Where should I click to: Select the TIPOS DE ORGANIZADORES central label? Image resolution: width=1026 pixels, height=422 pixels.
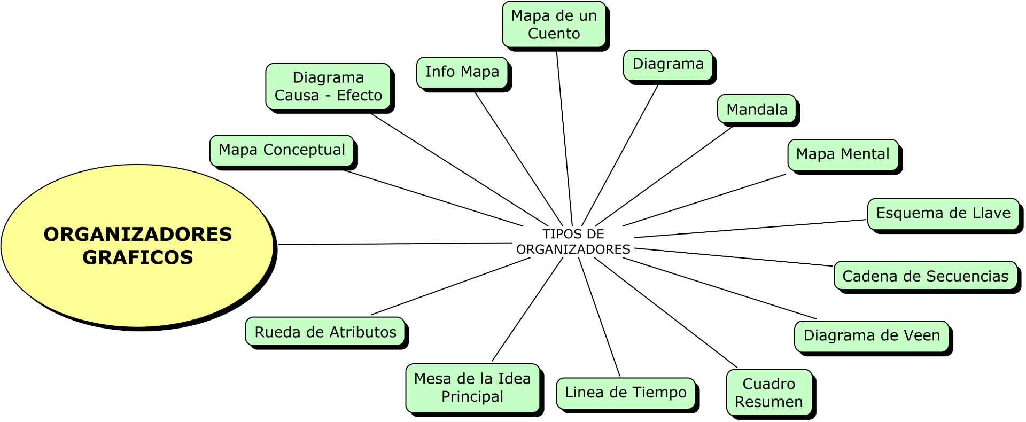pos(573,241)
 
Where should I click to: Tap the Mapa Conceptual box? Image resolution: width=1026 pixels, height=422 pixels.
pos(282,150)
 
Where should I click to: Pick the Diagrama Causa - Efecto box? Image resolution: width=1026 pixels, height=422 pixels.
pos(328,87)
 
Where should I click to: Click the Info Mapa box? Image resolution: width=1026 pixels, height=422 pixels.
pos(462,72)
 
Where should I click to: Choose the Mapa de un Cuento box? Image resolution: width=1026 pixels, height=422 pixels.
pos(554,25)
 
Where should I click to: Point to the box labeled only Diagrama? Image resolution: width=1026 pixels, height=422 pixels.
pos(668,65)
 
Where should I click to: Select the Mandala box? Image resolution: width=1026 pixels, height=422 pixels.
pos(757,110)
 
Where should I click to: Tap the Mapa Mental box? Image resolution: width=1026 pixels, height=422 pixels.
pos(843,154)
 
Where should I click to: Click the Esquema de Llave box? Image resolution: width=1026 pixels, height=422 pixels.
pos(943,214)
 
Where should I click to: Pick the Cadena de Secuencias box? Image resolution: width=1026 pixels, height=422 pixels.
pos(925,276)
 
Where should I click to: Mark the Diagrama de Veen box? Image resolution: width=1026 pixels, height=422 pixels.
pos(872,336)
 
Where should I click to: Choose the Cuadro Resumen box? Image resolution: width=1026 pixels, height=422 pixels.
pos(768,393)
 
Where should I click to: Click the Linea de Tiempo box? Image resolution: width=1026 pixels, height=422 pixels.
pos(625,393)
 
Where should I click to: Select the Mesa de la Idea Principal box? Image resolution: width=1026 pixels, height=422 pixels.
pos(472,388)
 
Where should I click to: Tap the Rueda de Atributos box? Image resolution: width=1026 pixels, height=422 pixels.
pos(325,332)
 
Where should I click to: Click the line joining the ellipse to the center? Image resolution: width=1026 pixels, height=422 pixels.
pos(395,244)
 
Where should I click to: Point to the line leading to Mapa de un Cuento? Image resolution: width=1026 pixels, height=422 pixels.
pos(564,139)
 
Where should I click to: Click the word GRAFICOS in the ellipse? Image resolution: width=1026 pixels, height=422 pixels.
pos(138,258)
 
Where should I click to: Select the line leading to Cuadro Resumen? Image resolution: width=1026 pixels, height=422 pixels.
pos(666,312)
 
